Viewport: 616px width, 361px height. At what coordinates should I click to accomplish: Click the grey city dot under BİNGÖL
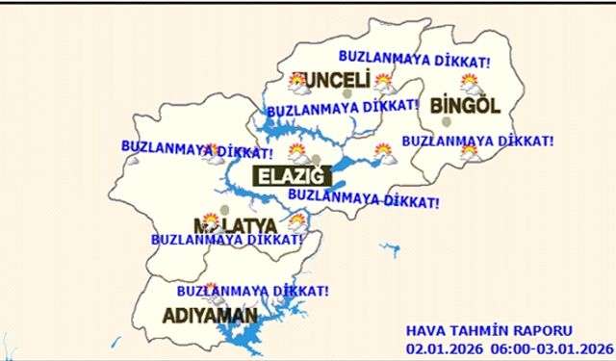tap(446, 122)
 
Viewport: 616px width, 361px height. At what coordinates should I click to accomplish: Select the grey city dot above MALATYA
tap(225, 208)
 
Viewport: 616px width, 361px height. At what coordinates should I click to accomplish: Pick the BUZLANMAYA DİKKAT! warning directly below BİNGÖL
tap(477, 141)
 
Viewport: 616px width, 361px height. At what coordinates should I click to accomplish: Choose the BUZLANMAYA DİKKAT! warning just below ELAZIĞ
tap(363, 198)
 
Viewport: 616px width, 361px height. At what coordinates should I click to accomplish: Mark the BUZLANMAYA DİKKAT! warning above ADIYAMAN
tap(254, 290)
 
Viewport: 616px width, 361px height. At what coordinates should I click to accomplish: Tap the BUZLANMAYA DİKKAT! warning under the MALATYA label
tap(222, 238)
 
